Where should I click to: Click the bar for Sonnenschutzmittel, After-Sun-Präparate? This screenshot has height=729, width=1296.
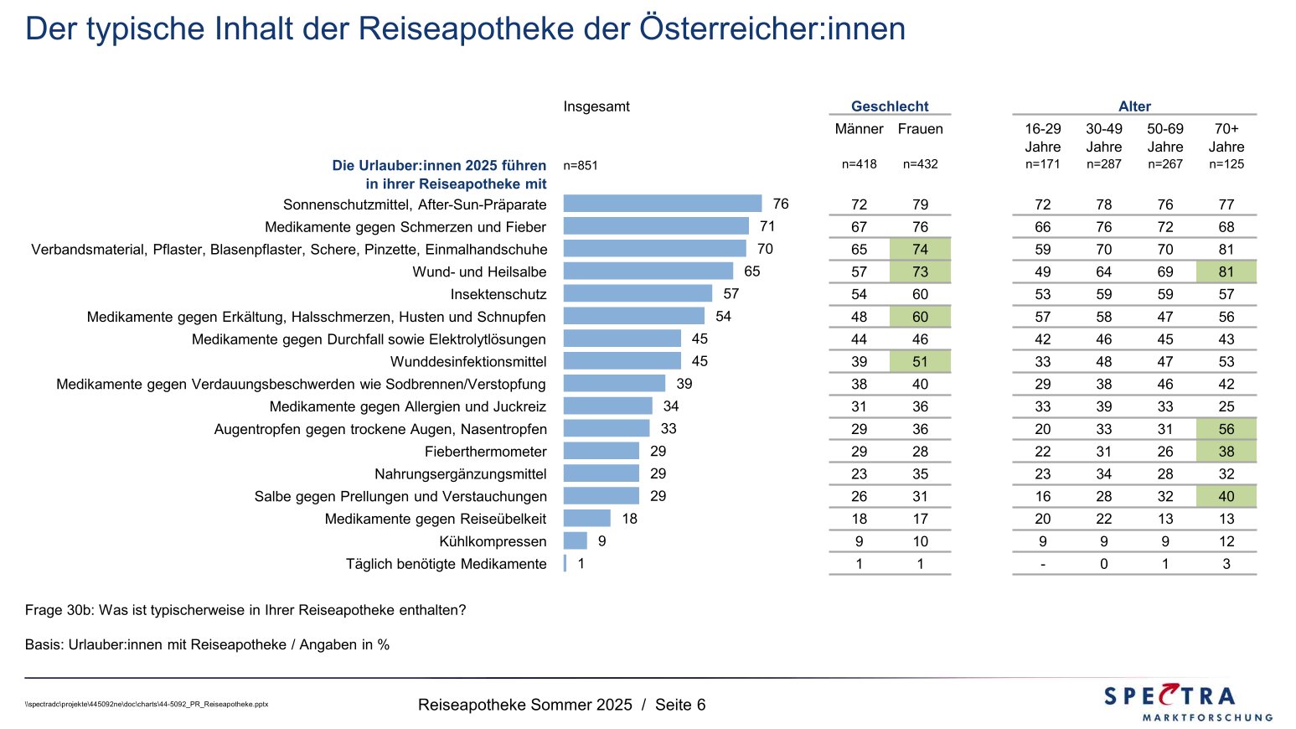pyautogui.click(x=662, y=204)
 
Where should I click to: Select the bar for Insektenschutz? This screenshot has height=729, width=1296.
pyautogui.click(x=638, y=293)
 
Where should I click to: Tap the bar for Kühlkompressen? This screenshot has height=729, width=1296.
pyautogui.click(x=575, y=541)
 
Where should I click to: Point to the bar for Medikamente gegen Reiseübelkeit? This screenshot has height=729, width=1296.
pyautogui.click(x=586, y=519)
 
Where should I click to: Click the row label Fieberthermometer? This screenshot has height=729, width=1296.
pyautogui.click(x=485, y=452)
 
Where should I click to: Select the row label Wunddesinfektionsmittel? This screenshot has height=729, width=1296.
pyautogui.click(x=468, y=362)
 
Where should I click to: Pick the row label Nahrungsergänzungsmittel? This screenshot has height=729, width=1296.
pyautogui.click(x=460, y=474)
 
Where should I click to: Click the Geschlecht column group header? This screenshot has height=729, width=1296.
pyautogui.click(x=890, y=106)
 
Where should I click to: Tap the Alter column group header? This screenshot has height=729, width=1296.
pyautogui.click(x=1134, y=106)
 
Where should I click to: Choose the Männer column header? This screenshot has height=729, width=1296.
pyautogui.click(x=859, y=129)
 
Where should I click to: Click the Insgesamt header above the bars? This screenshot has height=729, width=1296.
pyautogui.click(x=596, y=106)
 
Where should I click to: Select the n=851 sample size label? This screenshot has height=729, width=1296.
pyautogui.click(x=581, y=165)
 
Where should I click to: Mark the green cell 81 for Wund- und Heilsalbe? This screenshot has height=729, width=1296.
pyautogui.click(x=1226, y=271)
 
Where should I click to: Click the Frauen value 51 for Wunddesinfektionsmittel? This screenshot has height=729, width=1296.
pyautogui.click(x=920, y=362)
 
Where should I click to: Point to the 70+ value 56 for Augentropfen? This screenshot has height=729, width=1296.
pyautogui.click(x=1226, y=429)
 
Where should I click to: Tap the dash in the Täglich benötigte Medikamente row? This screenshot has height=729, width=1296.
pyautogui.click(x=1043, y=564)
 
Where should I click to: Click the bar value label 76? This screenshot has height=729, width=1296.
pyautogui.click(x=781, y=204)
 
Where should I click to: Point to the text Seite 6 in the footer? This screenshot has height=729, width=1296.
pyautogui.click(x=680, y=705)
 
